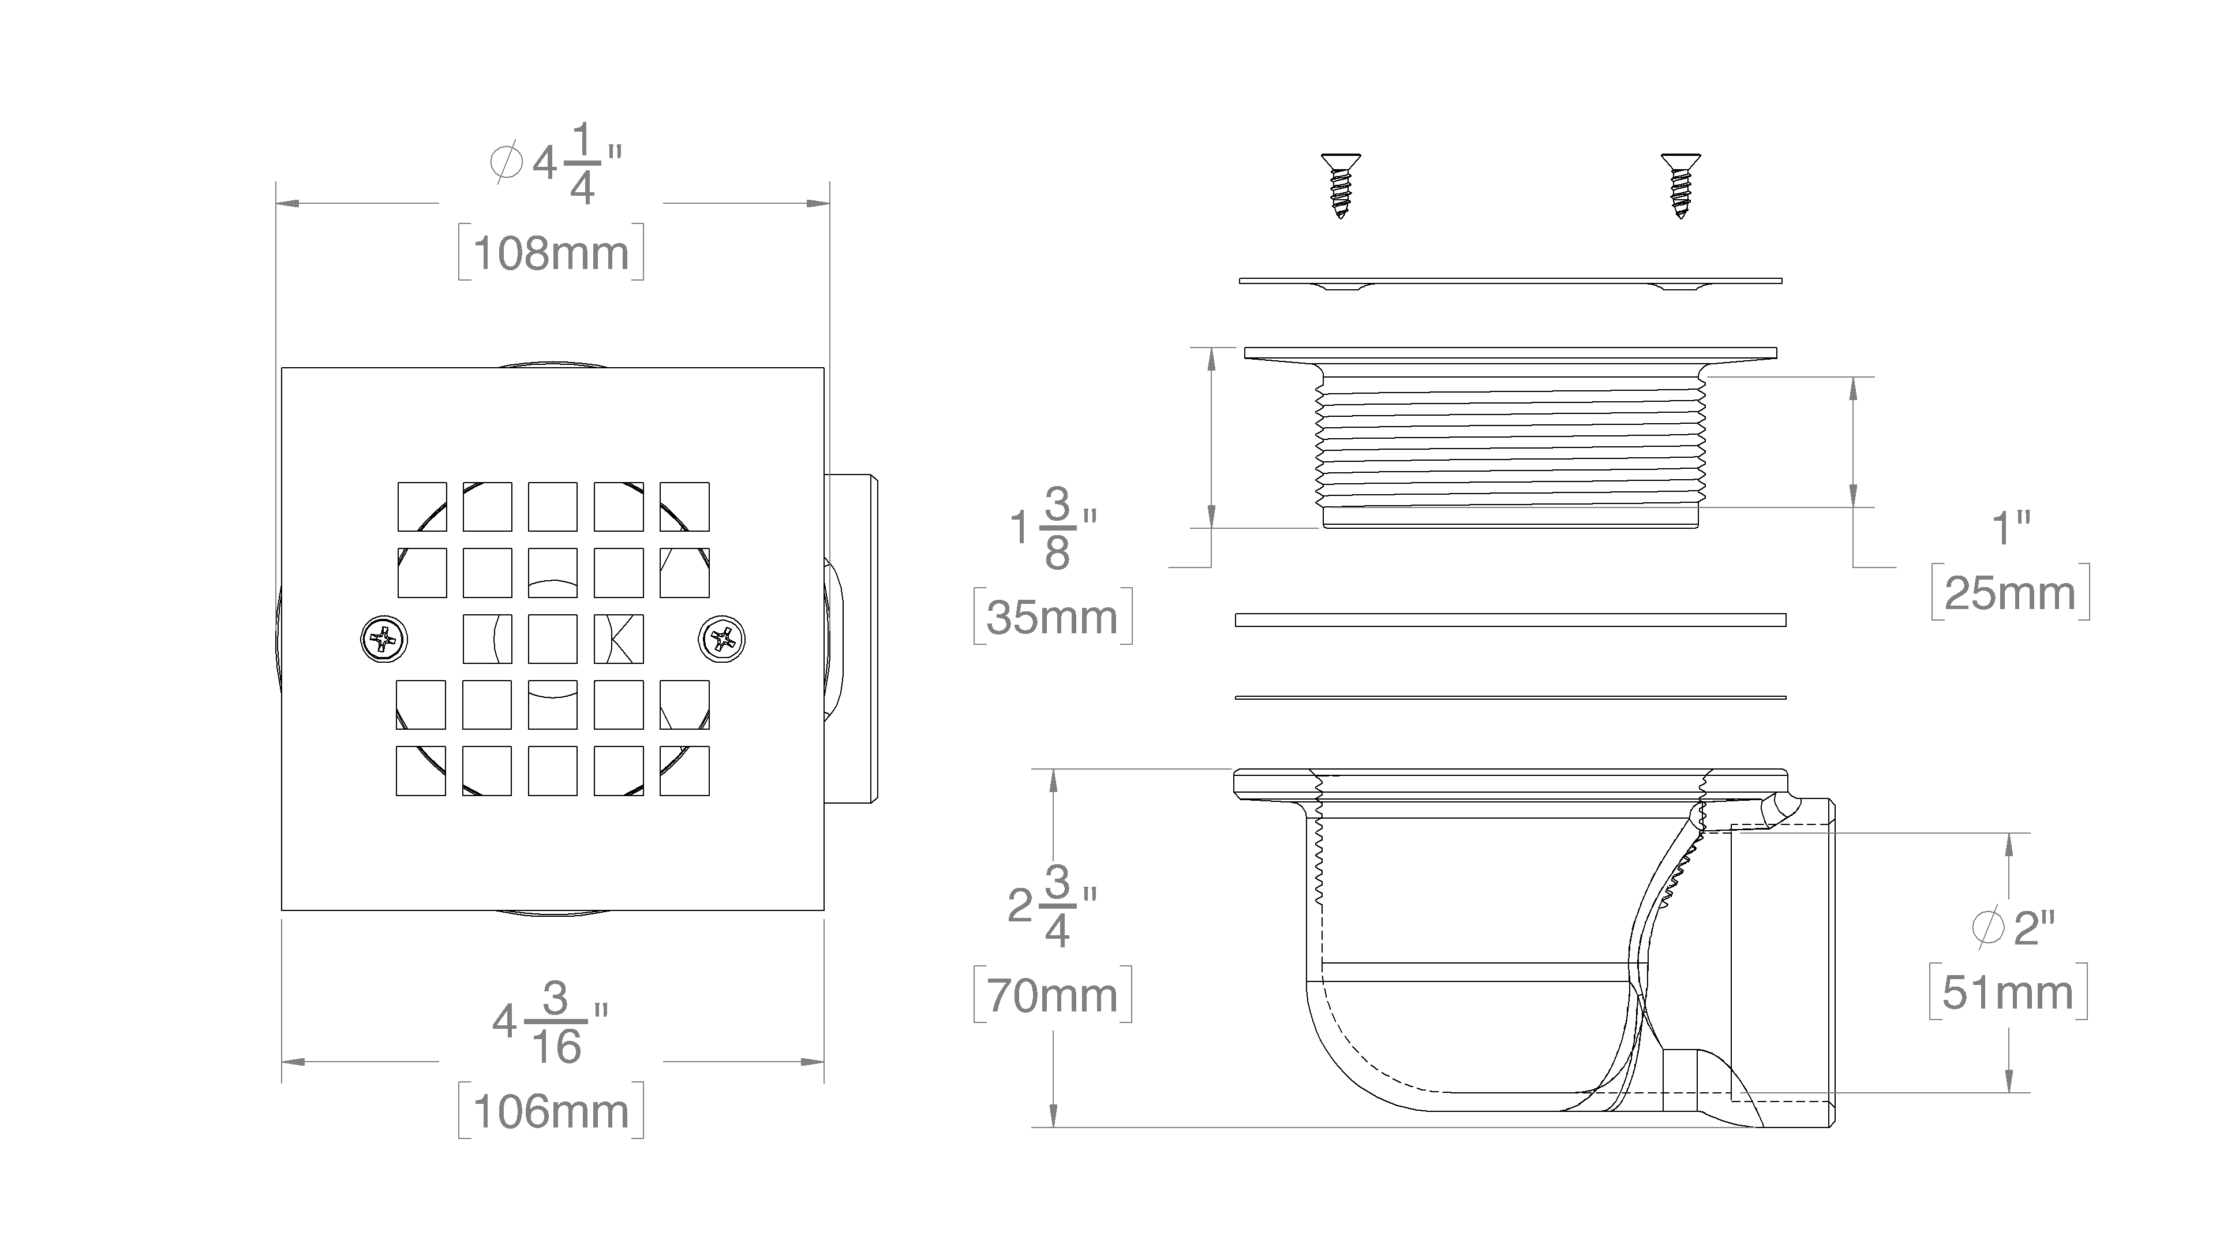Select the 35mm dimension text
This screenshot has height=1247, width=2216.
1052,617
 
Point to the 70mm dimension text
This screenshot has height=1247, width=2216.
1052,996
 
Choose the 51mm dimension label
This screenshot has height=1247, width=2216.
2008,993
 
